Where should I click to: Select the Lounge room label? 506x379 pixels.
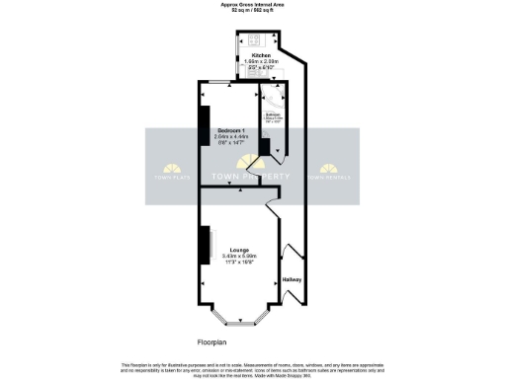(238, 250)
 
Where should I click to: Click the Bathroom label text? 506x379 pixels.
(272, 114)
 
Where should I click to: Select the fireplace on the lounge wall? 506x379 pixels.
(208, 246)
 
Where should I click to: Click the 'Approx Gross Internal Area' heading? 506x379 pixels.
(252, 4)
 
